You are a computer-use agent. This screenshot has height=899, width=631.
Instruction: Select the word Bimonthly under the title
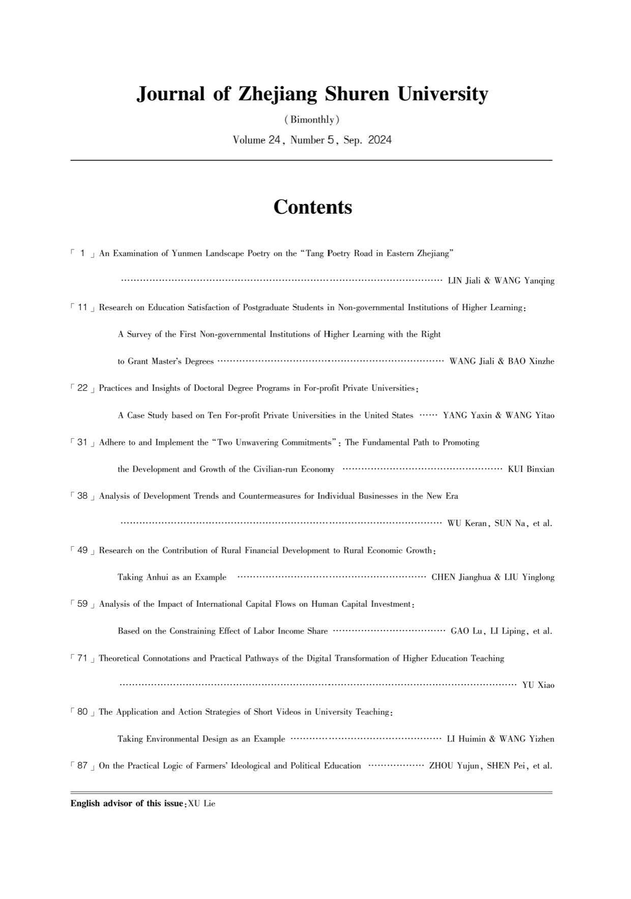tap(312, 120)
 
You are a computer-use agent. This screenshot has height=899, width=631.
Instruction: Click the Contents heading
tap(312, 207)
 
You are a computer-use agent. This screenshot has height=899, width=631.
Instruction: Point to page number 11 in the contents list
tap(82, 307)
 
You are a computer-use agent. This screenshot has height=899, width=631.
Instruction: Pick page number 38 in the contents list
tap(82, 496)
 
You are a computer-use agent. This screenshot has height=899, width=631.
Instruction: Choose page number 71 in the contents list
tap(82, 658)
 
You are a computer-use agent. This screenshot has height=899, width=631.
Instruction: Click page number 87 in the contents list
tap(82, 766)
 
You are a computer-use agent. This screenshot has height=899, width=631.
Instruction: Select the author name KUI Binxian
tap(531, 469)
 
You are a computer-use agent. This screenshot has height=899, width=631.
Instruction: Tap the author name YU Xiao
tap(538, 685)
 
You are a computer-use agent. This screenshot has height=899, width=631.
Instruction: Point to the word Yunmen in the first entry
tap(186, 254)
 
